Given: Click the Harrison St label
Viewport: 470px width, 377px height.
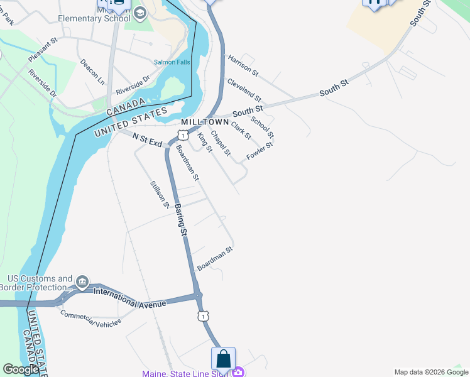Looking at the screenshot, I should [243, 65].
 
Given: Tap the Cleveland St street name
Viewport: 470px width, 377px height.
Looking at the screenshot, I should [244, 89].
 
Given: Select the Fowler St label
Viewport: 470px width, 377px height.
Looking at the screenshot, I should [260, 151].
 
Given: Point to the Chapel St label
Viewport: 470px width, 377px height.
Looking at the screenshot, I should [221, 143].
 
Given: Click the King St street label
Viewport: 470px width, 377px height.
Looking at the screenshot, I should [204, 141].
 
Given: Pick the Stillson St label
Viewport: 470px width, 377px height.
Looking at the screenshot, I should [160, 194].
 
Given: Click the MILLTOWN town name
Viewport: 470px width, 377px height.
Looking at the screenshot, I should [204, 121].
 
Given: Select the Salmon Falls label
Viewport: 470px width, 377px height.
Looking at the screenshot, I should [171, 62].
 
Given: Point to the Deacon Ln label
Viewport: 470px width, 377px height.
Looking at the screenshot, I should [92, 72].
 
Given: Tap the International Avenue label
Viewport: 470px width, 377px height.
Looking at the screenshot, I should [130, 298].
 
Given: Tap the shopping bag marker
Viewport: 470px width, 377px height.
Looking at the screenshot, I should [223, 359].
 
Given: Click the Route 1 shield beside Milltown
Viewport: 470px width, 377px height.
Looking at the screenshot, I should [182, 135].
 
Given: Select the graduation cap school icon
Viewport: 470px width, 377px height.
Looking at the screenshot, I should [139, 12].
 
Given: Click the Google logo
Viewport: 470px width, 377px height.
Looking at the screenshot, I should [21, 369].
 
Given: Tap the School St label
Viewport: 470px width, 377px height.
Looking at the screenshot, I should [262, 127].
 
